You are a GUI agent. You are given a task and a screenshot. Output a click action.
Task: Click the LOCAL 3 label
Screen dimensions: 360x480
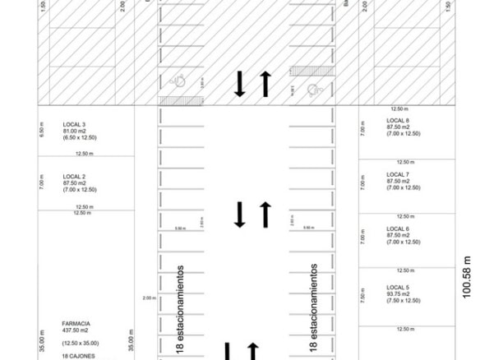(x=74, y=124)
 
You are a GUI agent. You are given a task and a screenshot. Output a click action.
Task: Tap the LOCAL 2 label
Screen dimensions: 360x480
(x=74, y=177)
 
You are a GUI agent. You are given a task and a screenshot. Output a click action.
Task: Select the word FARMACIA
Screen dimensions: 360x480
(x=76, y=325)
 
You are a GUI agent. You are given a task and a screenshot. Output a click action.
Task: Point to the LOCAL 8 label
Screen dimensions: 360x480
(x=398, y=121)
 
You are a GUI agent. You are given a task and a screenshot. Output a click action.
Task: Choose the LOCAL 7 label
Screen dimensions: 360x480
(x=398, y=175)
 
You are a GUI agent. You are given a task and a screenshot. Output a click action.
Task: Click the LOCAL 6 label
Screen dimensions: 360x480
(x=398, y=228)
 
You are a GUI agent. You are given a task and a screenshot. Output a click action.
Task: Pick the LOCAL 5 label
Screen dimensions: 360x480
(x=398, y=287)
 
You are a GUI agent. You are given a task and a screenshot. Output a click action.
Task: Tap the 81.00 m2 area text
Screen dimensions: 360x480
(x=76, y=131)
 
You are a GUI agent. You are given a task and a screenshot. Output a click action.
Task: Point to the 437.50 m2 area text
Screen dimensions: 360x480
(x=77, y=331)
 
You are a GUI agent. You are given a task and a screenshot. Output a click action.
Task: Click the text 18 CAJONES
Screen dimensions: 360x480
(x=78, y=356)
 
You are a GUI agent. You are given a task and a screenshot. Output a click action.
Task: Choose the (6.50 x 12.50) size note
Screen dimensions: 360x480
(x=80, y=137)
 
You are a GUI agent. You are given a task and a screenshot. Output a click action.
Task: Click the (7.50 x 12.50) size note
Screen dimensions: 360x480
(x=404, y=300)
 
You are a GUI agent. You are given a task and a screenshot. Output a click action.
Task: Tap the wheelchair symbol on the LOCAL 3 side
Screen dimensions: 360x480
(x=178, y=80)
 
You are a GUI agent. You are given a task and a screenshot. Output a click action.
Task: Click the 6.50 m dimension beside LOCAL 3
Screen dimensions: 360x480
(x=42, y=129)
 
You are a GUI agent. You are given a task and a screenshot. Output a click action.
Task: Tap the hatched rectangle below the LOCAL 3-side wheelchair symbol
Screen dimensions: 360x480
(x=174, y=99)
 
